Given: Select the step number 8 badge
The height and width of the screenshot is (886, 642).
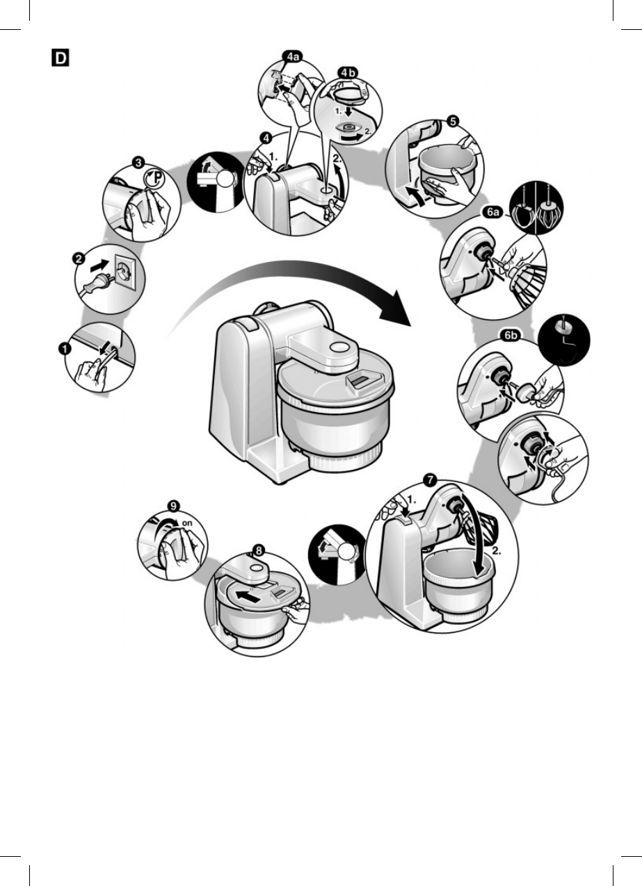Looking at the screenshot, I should pos(258,550).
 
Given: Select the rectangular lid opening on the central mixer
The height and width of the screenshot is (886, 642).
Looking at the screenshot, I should pos(364,379).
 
